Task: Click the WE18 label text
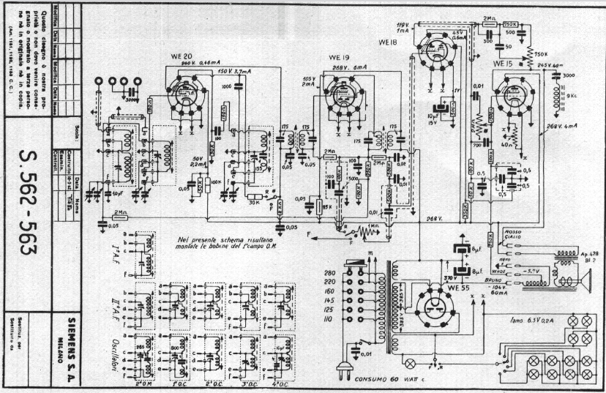click(x=389, y=42)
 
